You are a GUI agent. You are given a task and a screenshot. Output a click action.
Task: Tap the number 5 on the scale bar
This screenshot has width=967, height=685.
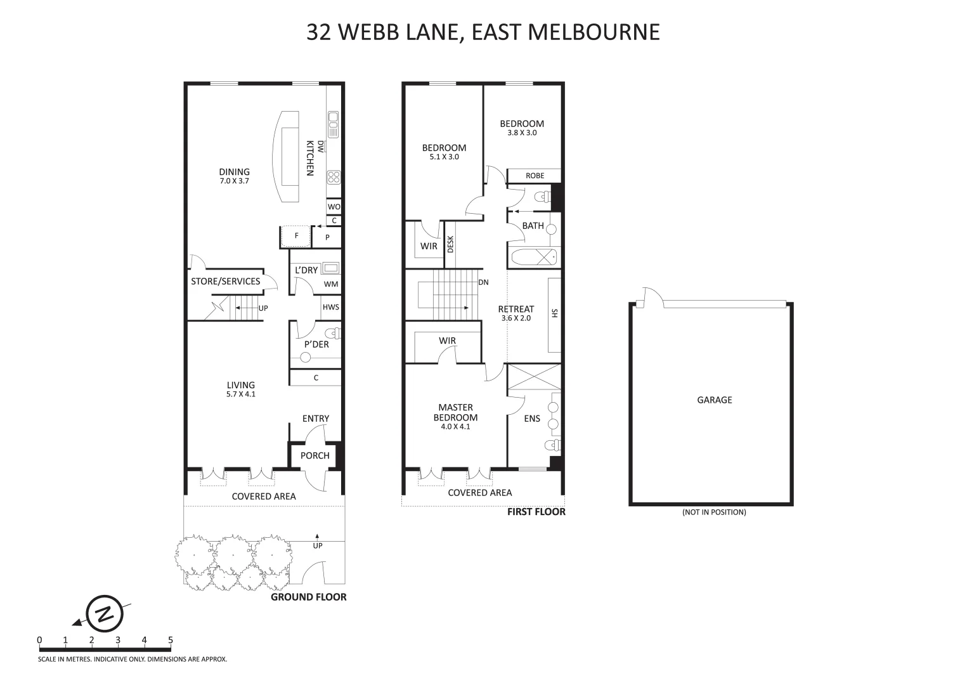(x=170, y=640)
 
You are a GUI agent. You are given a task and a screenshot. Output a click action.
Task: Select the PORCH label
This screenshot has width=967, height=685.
(x=315, y=455)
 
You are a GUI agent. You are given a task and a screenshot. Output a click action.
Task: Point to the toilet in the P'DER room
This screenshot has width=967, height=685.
(x=332, y=334)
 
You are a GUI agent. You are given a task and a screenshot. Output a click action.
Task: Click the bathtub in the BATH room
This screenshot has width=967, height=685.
(x=533, y=258)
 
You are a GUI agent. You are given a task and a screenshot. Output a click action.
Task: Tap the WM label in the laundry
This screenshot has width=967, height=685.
(x=331, y=285)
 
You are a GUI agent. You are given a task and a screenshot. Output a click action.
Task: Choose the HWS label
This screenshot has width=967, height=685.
(x=331, y=307)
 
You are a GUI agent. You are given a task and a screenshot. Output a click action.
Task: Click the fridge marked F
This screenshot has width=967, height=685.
(x=295, y=237)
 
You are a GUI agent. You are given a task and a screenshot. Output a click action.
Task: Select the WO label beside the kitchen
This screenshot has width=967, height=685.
(x=334, y=207)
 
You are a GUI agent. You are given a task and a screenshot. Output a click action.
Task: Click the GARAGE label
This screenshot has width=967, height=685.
(x=715, y=400)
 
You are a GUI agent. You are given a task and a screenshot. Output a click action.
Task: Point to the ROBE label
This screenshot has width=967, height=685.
(x=535, y=176)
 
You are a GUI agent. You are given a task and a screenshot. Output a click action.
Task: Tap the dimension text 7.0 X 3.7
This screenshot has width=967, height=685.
(x=234, y=181)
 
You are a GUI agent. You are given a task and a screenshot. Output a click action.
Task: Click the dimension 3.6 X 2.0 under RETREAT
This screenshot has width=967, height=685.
(x=516, y=318)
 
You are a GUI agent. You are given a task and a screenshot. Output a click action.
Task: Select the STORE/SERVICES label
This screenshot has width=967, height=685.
(x=225, y=281)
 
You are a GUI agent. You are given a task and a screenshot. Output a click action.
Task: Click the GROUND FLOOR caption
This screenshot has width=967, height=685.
(x=309, y=597)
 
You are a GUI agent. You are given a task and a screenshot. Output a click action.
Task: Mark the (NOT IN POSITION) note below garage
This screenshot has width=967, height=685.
(x=714, y=512)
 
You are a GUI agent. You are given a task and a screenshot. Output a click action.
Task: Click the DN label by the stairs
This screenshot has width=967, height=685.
(x=483, y=283)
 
